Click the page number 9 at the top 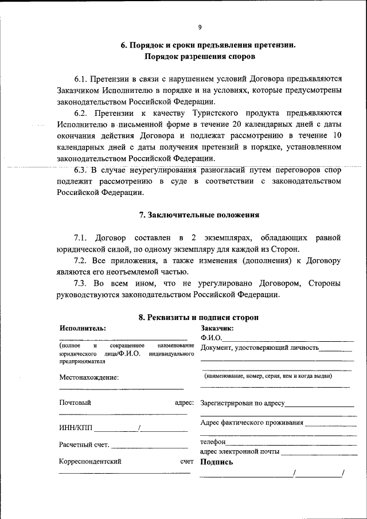(x=200, y=28)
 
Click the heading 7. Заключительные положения (x=200, y=216)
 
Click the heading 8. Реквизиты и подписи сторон (x=199, y=318)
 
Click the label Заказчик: (x=217, y=328)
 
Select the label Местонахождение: (x=89, y=377)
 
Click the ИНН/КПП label (x=75, y=427)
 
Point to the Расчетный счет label (x=84, y=444)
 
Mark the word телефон (x=213, y=442)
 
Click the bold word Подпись (x=217, y=462)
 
